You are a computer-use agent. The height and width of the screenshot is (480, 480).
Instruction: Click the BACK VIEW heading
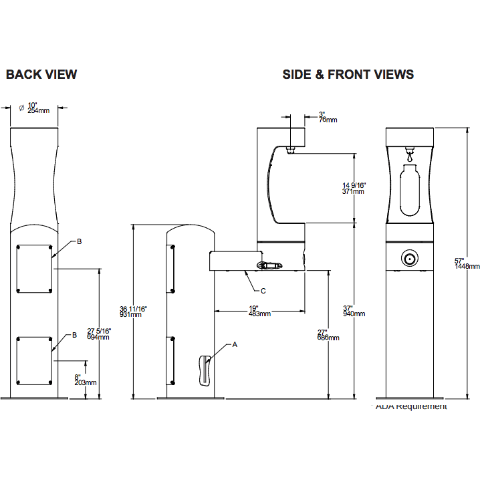pos(41,74)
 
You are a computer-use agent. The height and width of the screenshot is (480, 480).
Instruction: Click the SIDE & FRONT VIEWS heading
pos(348,74)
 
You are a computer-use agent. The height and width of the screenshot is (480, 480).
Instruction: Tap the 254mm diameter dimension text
pos(39,110)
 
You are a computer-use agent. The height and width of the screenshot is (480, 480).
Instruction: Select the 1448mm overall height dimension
pos(467,266)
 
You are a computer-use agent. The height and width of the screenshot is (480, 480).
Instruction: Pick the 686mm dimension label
pos(328,338)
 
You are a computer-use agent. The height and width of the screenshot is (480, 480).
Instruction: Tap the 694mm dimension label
pos(99,338)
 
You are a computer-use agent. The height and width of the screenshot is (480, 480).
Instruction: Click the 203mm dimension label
pos(86,382)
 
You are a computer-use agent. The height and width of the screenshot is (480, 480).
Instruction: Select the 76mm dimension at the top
pos(328,120)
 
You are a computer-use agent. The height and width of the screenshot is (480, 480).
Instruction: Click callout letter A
pos(235,345)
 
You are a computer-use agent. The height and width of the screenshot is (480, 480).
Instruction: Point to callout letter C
pos(263,291)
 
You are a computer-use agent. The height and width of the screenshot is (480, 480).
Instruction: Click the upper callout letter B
pos(79,241)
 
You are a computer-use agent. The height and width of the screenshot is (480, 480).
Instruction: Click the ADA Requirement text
pos(411,406)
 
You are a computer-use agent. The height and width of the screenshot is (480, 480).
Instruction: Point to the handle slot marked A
pos(204,370)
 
